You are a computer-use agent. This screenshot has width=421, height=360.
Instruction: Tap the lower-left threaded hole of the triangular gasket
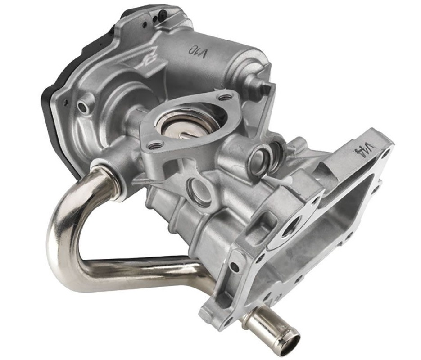click(155, 145)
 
